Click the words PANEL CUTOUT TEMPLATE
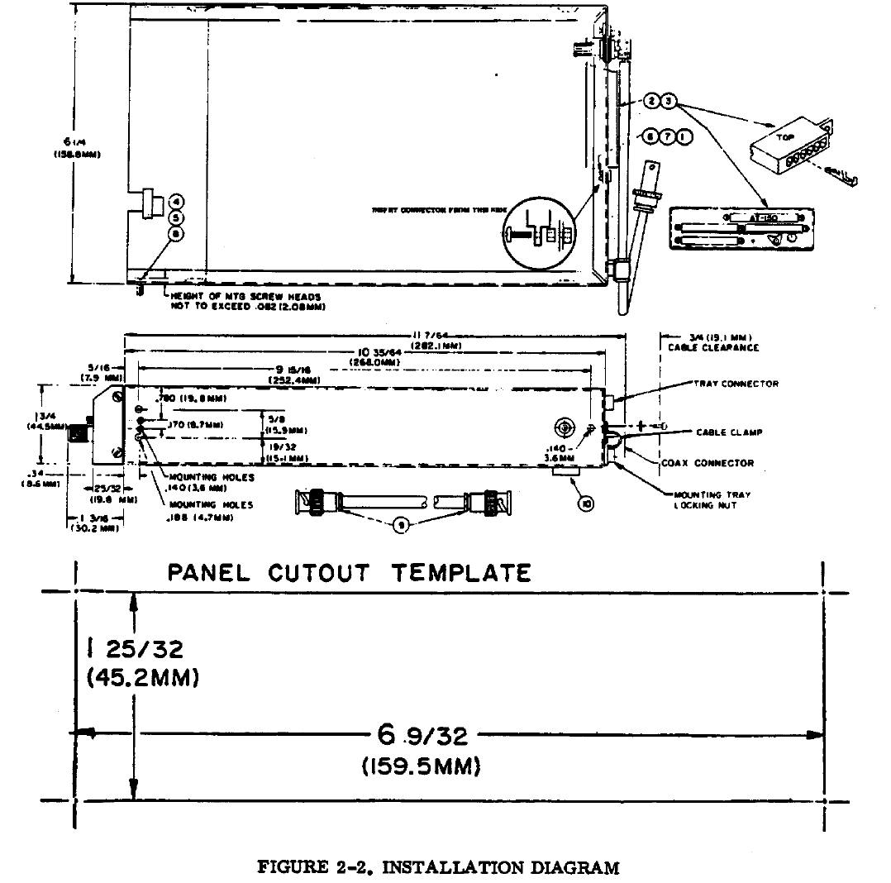pyautogui.click(x=349, y=573)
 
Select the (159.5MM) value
pyautogui.click(x=422, y=766)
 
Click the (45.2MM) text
pyautogui.click(x=141, y=679)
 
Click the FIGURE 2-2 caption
pyautogui.click(x=438, y=867)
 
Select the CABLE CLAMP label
pyautogui.click(x=728, y=432)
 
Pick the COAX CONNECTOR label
pyautogui.click(x=708, y=463)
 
